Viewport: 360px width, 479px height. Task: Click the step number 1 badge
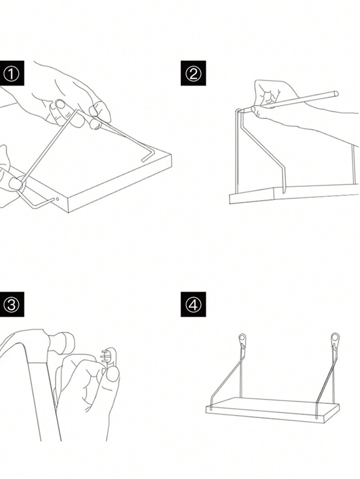[x=12, y=73]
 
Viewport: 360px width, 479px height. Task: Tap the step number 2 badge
[x=193, y=73]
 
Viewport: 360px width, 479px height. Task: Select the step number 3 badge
[x=12, y=304]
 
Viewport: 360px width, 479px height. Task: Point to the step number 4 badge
[x=193, y=304]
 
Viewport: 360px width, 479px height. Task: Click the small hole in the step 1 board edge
[x=58, y=198]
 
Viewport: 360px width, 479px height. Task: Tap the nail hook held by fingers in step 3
[x=110, y=356]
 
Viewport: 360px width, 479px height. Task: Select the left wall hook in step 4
[x=242, y=339]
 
